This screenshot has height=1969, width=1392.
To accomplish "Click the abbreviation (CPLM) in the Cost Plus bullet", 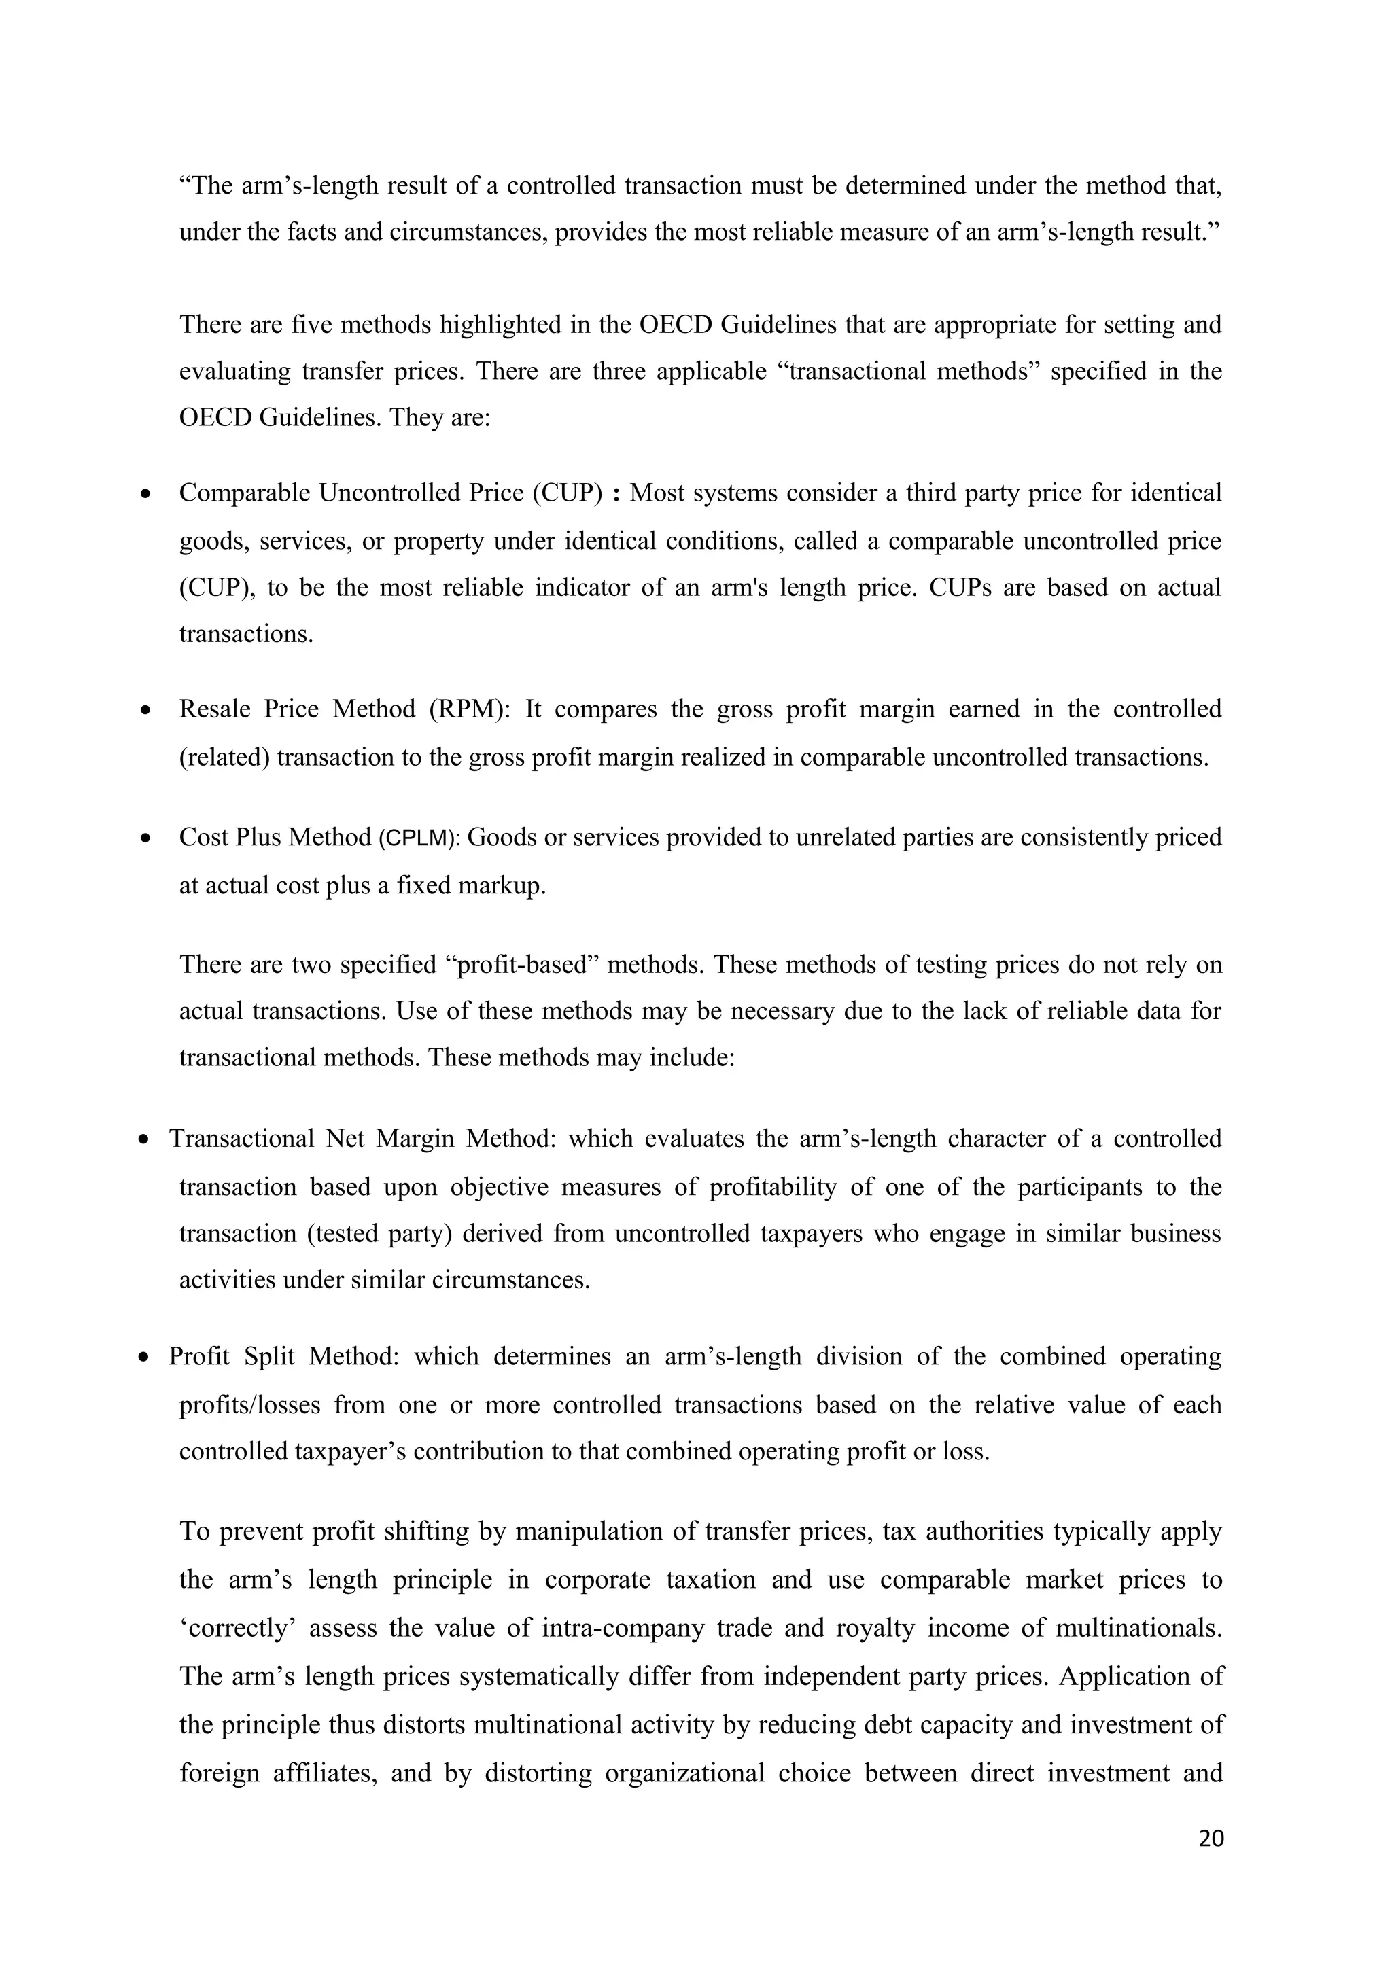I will point(419,838).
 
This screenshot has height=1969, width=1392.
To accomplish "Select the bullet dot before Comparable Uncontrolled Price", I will point(147,495).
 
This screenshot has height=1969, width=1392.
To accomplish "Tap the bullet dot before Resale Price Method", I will point(147,711).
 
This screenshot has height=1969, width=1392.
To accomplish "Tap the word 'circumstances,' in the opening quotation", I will point(468,232).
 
